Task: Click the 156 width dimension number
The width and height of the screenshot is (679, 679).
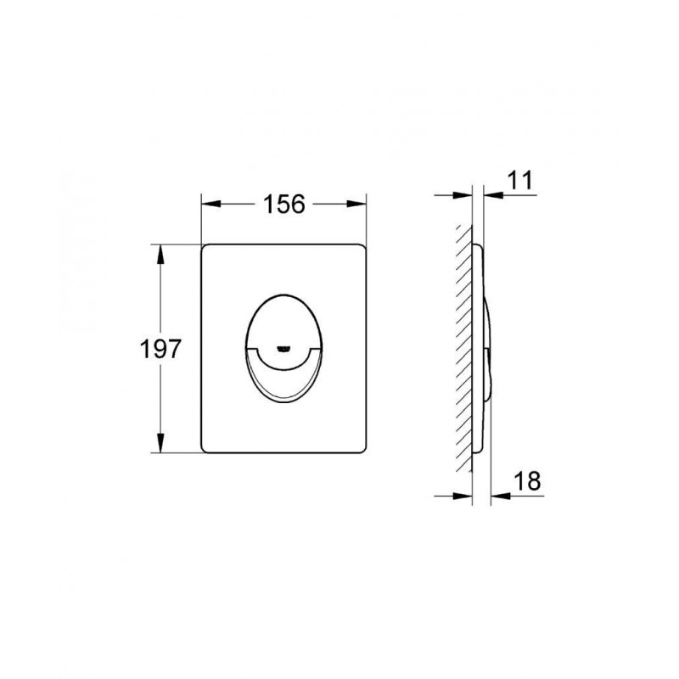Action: [284, 204]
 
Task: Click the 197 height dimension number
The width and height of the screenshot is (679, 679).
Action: [160, 349]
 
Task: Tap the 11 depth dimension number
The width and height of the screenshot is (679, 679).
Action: [519, 180]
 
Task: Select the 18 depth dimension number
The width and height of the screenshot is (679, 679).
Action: [527, 480]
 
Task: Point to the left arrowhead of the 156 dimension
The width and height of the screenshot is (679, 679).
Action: [210, 204]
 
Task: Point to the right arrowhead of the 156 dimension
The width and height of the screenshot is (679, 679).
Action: [356, 204]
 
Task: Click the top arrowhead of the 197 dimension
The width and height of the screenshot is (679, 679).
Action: [160, 255]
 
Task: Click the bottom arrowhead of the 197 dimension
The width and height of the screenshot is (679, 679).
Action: [160, 443]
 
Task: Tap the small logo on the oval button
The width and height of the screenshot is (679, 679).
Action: [283, 348]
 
